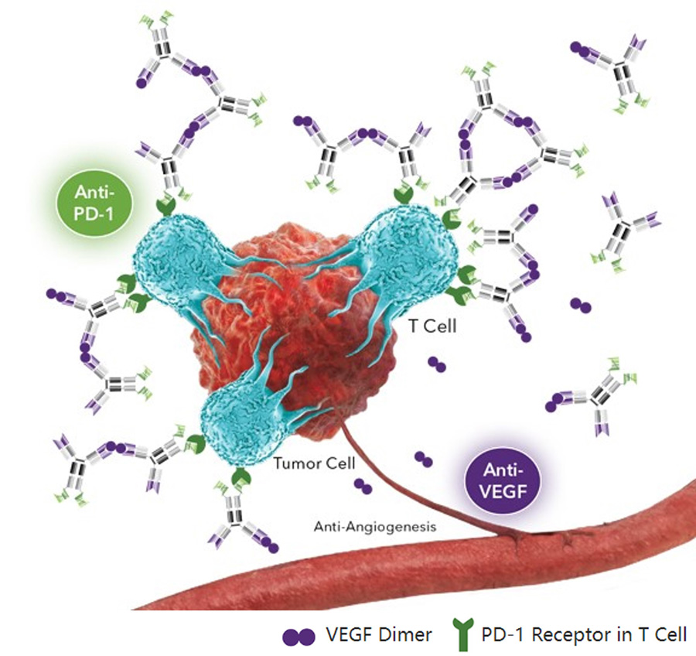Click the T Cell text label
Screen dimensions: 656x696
(x=432, y=326)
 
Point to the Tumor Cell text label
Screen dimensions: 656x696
(x=314, y=464)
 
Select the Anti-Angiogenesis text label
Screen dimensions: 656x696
(x=375, y=526)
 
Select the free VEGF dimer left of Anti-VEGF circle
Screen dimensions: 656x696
(x=423, y=460)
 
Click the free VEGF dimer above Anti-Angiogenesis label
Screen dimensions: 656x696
(x=362, y=486)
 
